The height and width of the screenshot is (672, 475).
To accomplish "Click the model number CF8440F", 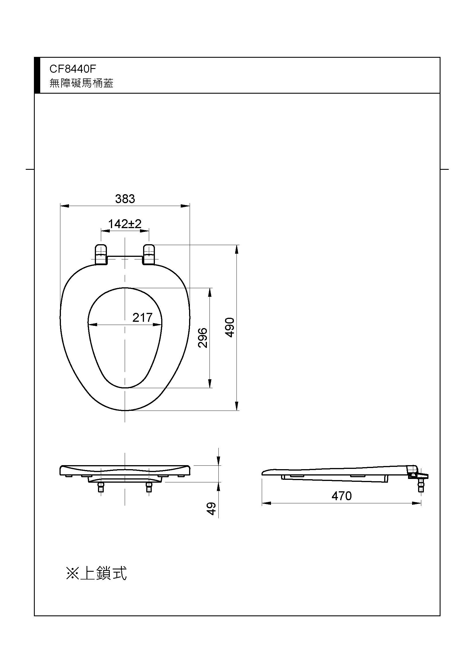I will click(x=73, y=69).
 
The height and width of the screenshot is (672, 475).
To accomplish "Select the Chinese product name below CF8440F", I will click(x=81, y=83).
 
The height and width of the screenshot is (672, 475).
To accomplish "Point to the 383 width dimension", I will click(x=125, y=199).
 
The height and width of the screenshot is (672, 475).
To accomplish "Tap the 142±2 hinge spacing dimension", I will click(x=125, y=224).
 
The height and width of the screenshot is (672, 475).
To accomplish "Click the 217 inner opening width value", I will click(x=143, y=317).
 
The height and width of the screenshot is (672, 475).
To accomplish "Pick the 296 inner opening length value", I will click(x=203, y=338).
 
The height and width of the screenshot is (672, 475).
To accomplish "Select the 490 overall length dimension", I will click(x=230, y=327).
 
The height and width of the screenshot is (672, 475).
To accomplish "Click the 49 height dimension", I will click(x=211, y=509).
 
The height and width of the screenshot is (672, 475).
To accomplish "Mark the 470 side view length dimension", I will click(x=342, y=496).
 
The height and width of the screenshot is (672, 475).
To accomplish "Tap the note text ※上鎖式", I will click(x=97, y=573).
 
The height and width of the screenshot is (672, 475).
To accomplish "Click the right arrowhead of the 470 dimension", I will click(x=417, y=503).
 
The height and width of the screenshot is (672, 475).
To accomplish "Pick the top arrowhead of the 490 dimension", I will click(x=237, y=249).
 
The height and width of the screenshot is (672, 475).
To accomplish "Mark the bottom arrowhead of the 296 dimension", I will click(x=210, y=384).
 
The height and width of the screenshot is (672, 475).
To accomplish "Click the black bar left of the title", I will click(x=37, y=76).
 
